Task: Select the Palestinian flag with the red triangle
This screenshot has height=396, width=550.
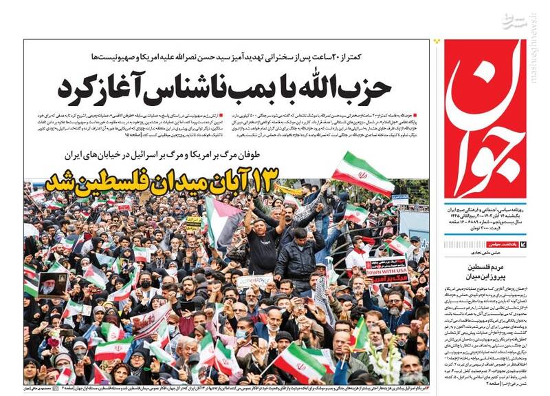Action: pos(224,222)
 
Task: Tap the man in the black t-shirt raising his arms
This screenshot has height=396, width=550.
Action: pos(263,238)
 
